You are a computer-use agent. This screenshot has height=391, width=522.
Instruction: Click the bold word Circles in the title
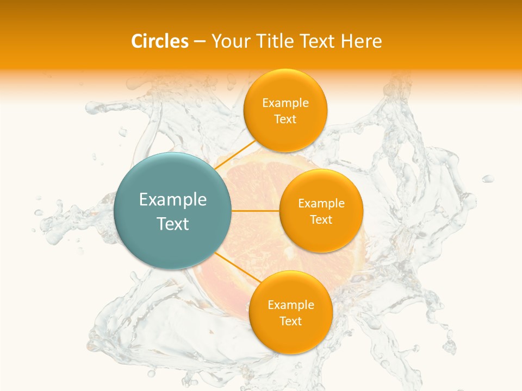point(160,41)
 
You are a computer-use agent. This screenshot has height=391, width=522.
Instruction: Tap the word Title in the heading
point(276,41)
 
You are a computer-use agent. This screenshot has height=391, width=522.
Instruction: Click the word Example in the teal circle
point(173,200)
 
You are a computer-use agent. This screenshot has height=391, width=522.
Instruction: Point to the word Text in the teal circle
point(173,224)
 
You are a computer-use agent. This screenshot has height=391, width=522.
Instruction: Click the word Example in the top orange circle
point(285,103)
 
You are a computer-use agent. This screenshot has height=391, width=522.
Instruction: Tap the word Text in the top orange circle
point(285,119)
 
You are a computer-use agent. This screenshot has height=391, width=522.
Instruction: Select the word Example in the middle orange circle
point(321,204)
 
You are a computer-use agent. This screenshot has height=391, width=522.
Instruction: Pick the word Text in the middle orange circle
point(321,220)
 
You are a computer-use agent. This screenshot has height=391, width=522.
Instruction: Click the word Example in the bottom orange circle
point(291,305)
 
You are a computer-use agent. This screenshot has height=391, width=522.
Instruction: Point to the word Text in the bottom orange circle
point(291,321)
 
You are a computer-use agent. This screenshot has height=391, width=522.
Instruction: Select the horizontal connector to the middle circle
point(256,211)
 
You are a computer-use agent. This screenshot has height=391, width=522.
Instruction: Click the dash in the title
point(200,42)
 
